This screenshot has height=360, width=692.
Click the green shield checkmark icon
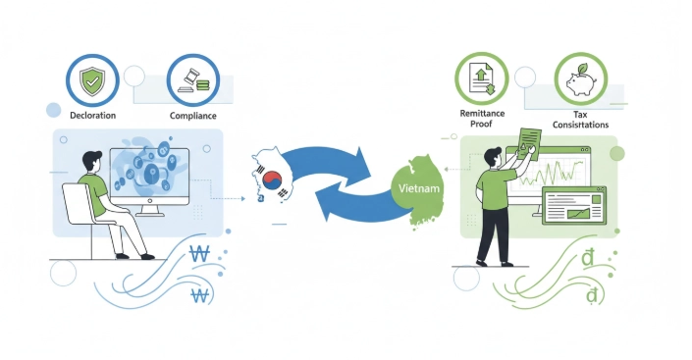pyautogui.click(x=92, y=81)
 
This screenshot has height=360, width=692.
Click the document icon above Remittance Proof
pyautogui.click(x=482, y=78)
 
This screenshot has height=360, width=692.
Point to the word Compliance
pyautogui.click(x=192, y=116)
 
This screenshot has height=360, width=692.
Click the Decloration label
pyautogui.click(x=92, y=115)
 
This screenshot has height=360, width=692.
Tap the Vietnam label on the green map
pyautogui.click(x=419, y=188)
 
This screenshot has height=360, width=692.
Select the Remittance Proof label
pyautogui.click(x=482, y=119)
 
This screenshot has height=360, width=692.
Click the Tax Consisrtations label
pyautogui.click(x=580, y=120)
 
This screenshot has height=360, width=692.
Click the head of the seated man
pyautogui.click(x=92, y=162)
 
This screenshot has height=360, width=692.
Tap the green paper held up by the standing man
pyautogui.click(x=529, y=144)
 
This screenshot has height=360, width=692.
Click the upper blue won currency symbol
pyautogui.click(x=199, y=254)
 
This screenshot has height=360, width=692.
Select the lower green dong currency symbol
pyautogui.click(x=592, y=295)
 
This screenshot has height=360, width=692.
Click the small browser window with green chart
pyautogui.click(x=574, y=206)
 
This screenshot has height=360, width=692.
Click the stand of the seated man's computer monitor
pyautogui.click(x=150, y=211)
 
